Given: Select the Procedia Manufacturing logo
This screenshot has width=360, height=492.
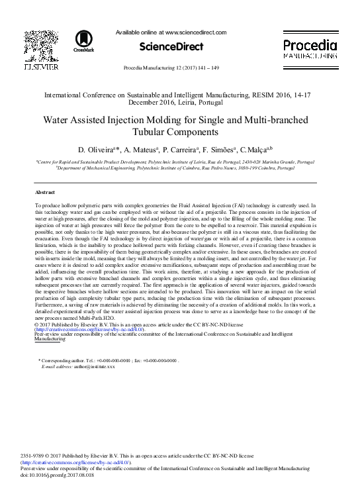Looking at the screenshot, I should click(x=311, y=50).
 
